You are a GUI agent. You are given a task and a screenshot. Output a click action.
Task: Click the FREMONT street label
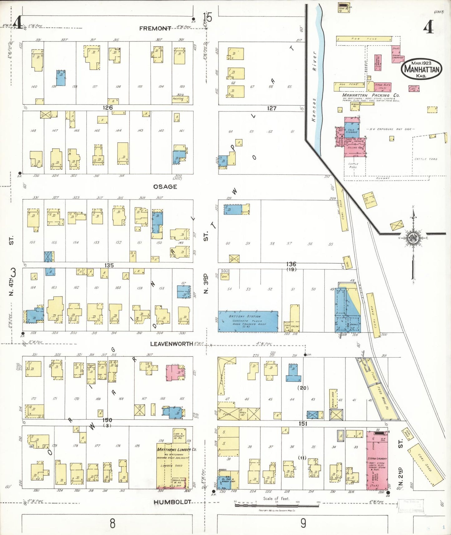click(x=155, y=28)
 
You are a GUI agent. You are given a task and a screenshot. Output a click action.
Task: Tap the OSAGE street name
click(x=165, y=187)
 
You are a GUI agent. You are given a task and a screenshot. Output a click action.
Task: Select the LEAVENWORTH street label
click(x=171, y=344)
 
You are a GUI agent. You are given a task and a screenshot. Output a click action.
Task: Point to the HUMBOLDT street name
click(x=172, y=502)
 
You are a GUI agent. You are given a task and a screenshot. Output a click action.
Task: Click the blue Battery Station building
click(x=248, y=321)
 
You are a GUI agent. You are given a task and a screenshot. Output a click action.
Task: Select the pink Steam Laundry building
click(x=377, y=460)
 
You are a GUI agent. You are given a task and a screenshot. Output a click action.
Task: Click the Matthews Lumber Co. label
click(x=176, y=449)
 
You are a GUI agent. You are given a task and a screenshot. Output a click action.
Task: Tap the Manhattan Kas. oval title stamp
click(x=422, y=69)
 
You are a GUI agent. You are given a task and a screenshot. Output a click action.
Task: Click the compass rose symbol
click(x=414, y=238)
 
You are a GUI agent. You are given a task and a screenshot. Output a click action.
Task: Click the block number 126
click(x=108, y=108)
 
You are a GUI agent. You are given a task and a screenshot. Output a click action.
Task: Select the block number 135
click(x=109, y=265)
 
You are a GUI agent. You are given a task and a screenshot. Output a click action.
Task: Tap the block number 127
click(x=272, y=108)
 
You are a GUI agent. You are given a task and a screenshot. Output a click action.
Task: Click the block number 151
click(x=303, y=424)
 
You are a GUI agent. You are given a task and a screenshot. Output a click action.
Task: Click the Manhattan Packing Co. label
click(x=370, y=95)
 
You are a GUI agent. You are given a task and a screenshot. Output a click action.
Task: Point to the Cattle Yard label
click(x=426, y=159)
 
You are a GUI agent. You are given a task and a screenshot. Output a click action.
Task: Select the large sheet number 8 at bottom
click(x=113, y=523)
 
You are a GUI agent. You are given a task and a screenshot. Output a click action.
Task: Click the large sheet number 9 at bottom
click(x=303, y=523)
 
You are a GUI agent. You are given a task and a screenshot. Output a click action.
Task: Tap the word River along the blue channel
click(x=315, y=61)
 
